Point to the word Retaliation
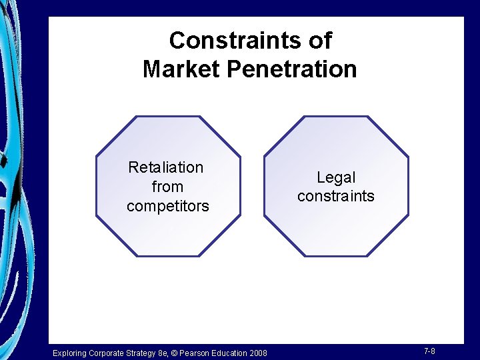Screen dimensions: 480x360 (165, 167)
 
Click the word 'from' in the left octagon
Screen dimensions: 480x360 (167, 187)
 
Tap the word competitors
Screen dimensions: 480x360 (168, 207)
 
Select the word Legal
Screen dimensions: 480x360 (336, 178)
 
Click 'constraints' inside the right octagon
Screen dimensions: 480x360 (336, 197)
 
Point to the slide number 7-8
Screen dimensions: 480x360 (429, 351)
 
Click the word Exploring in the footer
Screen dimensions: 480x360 (70, 353)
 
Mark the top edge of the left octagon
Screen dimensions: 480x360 (167, 117)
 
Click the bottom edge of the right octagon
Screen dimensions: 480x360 (336, 256)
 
